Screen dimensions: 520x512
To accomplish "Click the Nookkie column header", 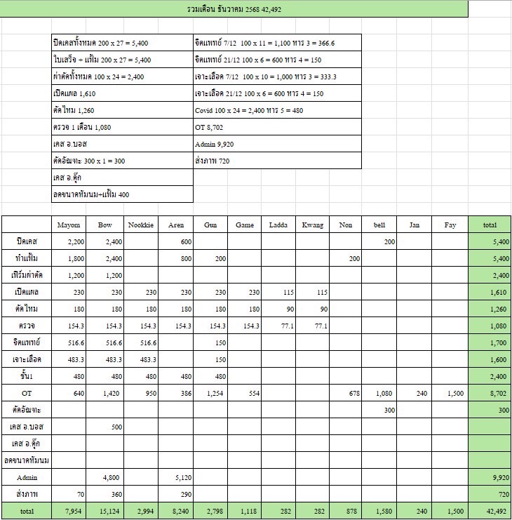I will (140, 225).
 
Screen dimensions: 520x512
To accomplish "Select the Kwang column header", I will (313, 225).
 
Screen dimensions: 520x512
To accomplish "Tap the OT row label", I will (27, 393).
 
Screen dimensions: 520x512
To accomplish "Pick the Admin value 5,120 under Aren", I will (176, 477).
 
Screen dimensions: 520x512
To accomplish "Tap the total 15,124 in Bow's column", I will (105, 511).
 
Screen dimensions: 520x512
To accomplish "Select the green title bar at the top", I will (234, 9).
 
